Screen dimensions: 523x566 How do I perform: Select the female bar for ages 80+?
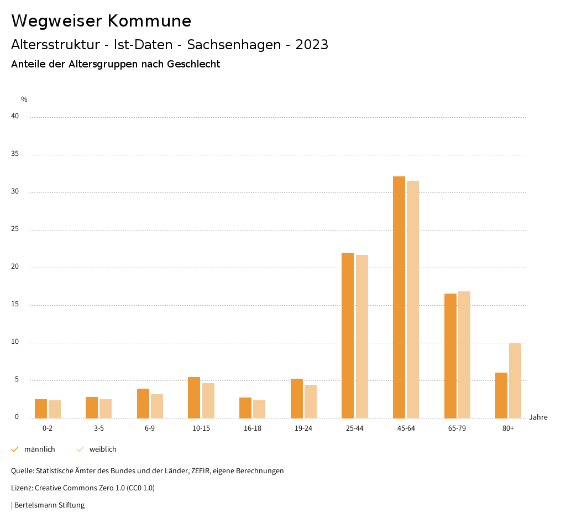tap(515, 381)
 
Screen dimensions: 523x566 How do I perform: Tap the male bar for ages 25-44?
tap(348, 336)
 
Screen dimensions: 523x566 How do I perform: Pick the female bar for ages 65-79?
tap(464, 355)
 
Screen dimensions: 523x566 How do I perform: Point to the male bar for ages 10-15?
tap(194, 398)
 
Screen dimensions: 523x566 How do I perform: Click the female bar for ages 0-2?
tap(55, 409)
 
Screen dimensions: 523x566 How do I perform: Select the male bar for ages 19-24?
tap(297, 399)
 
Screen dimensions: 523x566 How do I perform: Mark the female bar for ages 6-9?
tap(157, 406)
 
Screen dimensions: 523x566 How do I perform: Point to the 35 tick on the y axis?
tap(15, 154)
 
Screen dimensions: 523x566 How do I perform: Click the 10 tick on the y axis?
tap(15, 342)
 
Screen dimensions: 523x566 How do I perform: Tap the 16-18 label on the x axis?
tap(253, 428)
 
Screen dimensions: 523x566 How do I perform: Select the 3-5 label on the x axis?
tap(99, 428)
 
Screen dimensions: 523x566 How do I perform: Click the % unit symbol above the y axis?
tap(24, 100)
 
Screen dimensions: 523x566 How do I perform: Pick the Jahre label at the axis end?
tap(538, 417)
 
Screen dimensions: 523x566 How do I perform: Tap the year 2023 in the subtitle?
tap(312, 45)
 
